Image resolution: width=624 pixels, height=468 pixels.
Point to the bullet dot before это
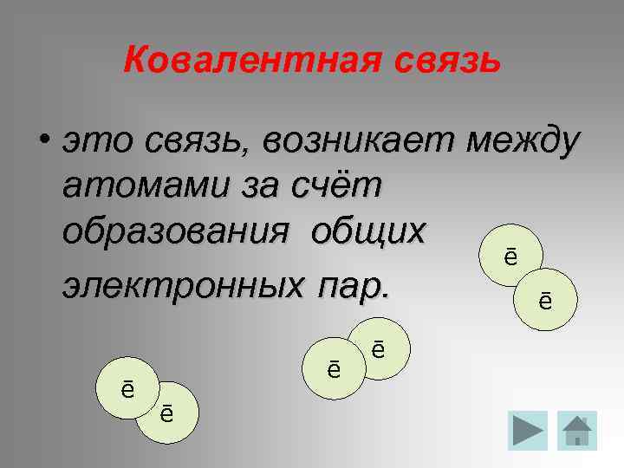click(x=43, y=142)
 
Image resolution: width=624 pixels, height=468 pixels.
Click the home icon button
click(x=576, y=429)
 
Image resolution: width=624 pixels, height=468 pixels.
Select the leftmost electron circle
click(x=127, y=388)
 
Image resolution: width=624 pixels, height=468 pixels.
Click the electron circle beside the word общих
click(x=510, y=257)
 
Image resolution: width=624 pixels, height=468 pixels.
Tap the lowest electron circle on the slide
click(x=166, y=413)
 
